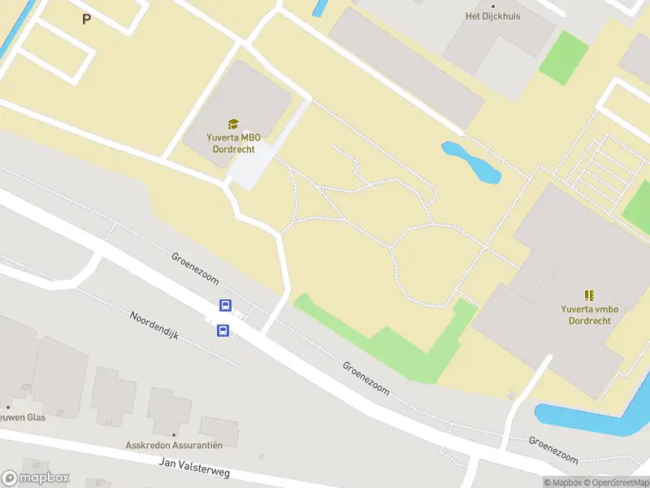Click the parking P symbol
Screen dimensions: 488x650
[x=86, y=20]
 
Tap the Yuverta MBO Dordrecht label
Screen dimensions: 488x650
[x=232, y=143]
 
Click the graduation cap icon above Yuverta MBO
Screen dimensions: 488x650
[x=233, y=124]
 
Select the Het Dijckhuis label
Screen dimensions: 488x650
[x=492, y=15]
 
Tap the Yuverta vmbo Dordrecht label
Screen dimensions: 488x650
[x=590, y=314]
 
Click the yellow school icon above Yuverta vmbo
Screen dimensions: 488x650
[x=590, y=295]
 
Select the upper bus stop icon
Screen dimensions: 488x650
[x=225, y=306]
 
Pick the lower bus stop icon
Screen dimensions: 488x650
[x=223, y=330]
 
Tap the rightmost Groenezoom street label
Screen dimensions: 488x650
[x=553, y=448]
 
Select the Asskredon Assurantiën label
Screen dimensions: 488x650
[x=174, y=445]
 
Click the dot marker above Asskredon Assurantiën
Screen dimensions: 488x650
[x=173, y=434]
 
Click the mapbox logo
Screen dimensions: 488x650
[x=36, y=478]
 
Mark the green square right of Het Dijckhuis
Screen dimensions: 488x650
[x=563, y=58]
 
